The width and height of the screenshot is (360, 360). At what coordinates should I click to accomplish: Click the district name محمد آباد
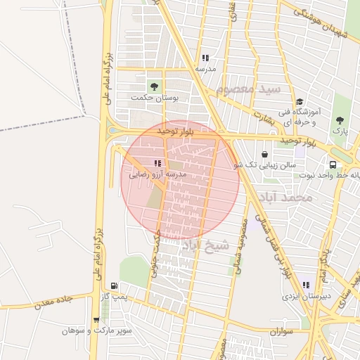pyautogui.click(x=285, y=198)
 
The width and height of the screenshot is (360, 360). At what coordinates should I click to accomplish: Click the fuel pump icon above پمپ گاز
pyautogui.click(x=114, y=287)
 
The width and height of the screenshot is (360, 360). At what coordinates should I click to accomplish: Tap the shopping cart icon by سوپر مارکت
pyautogui.click(x=96, y=320)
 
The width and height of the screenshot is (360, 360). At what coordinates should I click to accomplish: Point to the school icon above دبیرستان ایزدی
pyautogui.click(x=306, y=285)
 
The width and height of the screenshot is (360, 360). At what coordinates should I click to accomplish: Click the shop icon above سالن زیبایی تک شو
pyautogui.click(x=264, y=154)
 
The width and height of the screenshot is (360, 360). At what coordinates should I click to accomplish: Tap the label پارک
pyautogui.click(x=340, y=131)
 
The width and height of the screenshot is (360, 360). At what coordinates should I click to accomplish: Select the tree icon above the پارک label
pyautogui.click(x=340, y=120)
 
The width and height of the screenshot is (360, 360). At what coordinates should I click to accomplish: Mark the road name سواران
pyautogui.click(x=280, y=330)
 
